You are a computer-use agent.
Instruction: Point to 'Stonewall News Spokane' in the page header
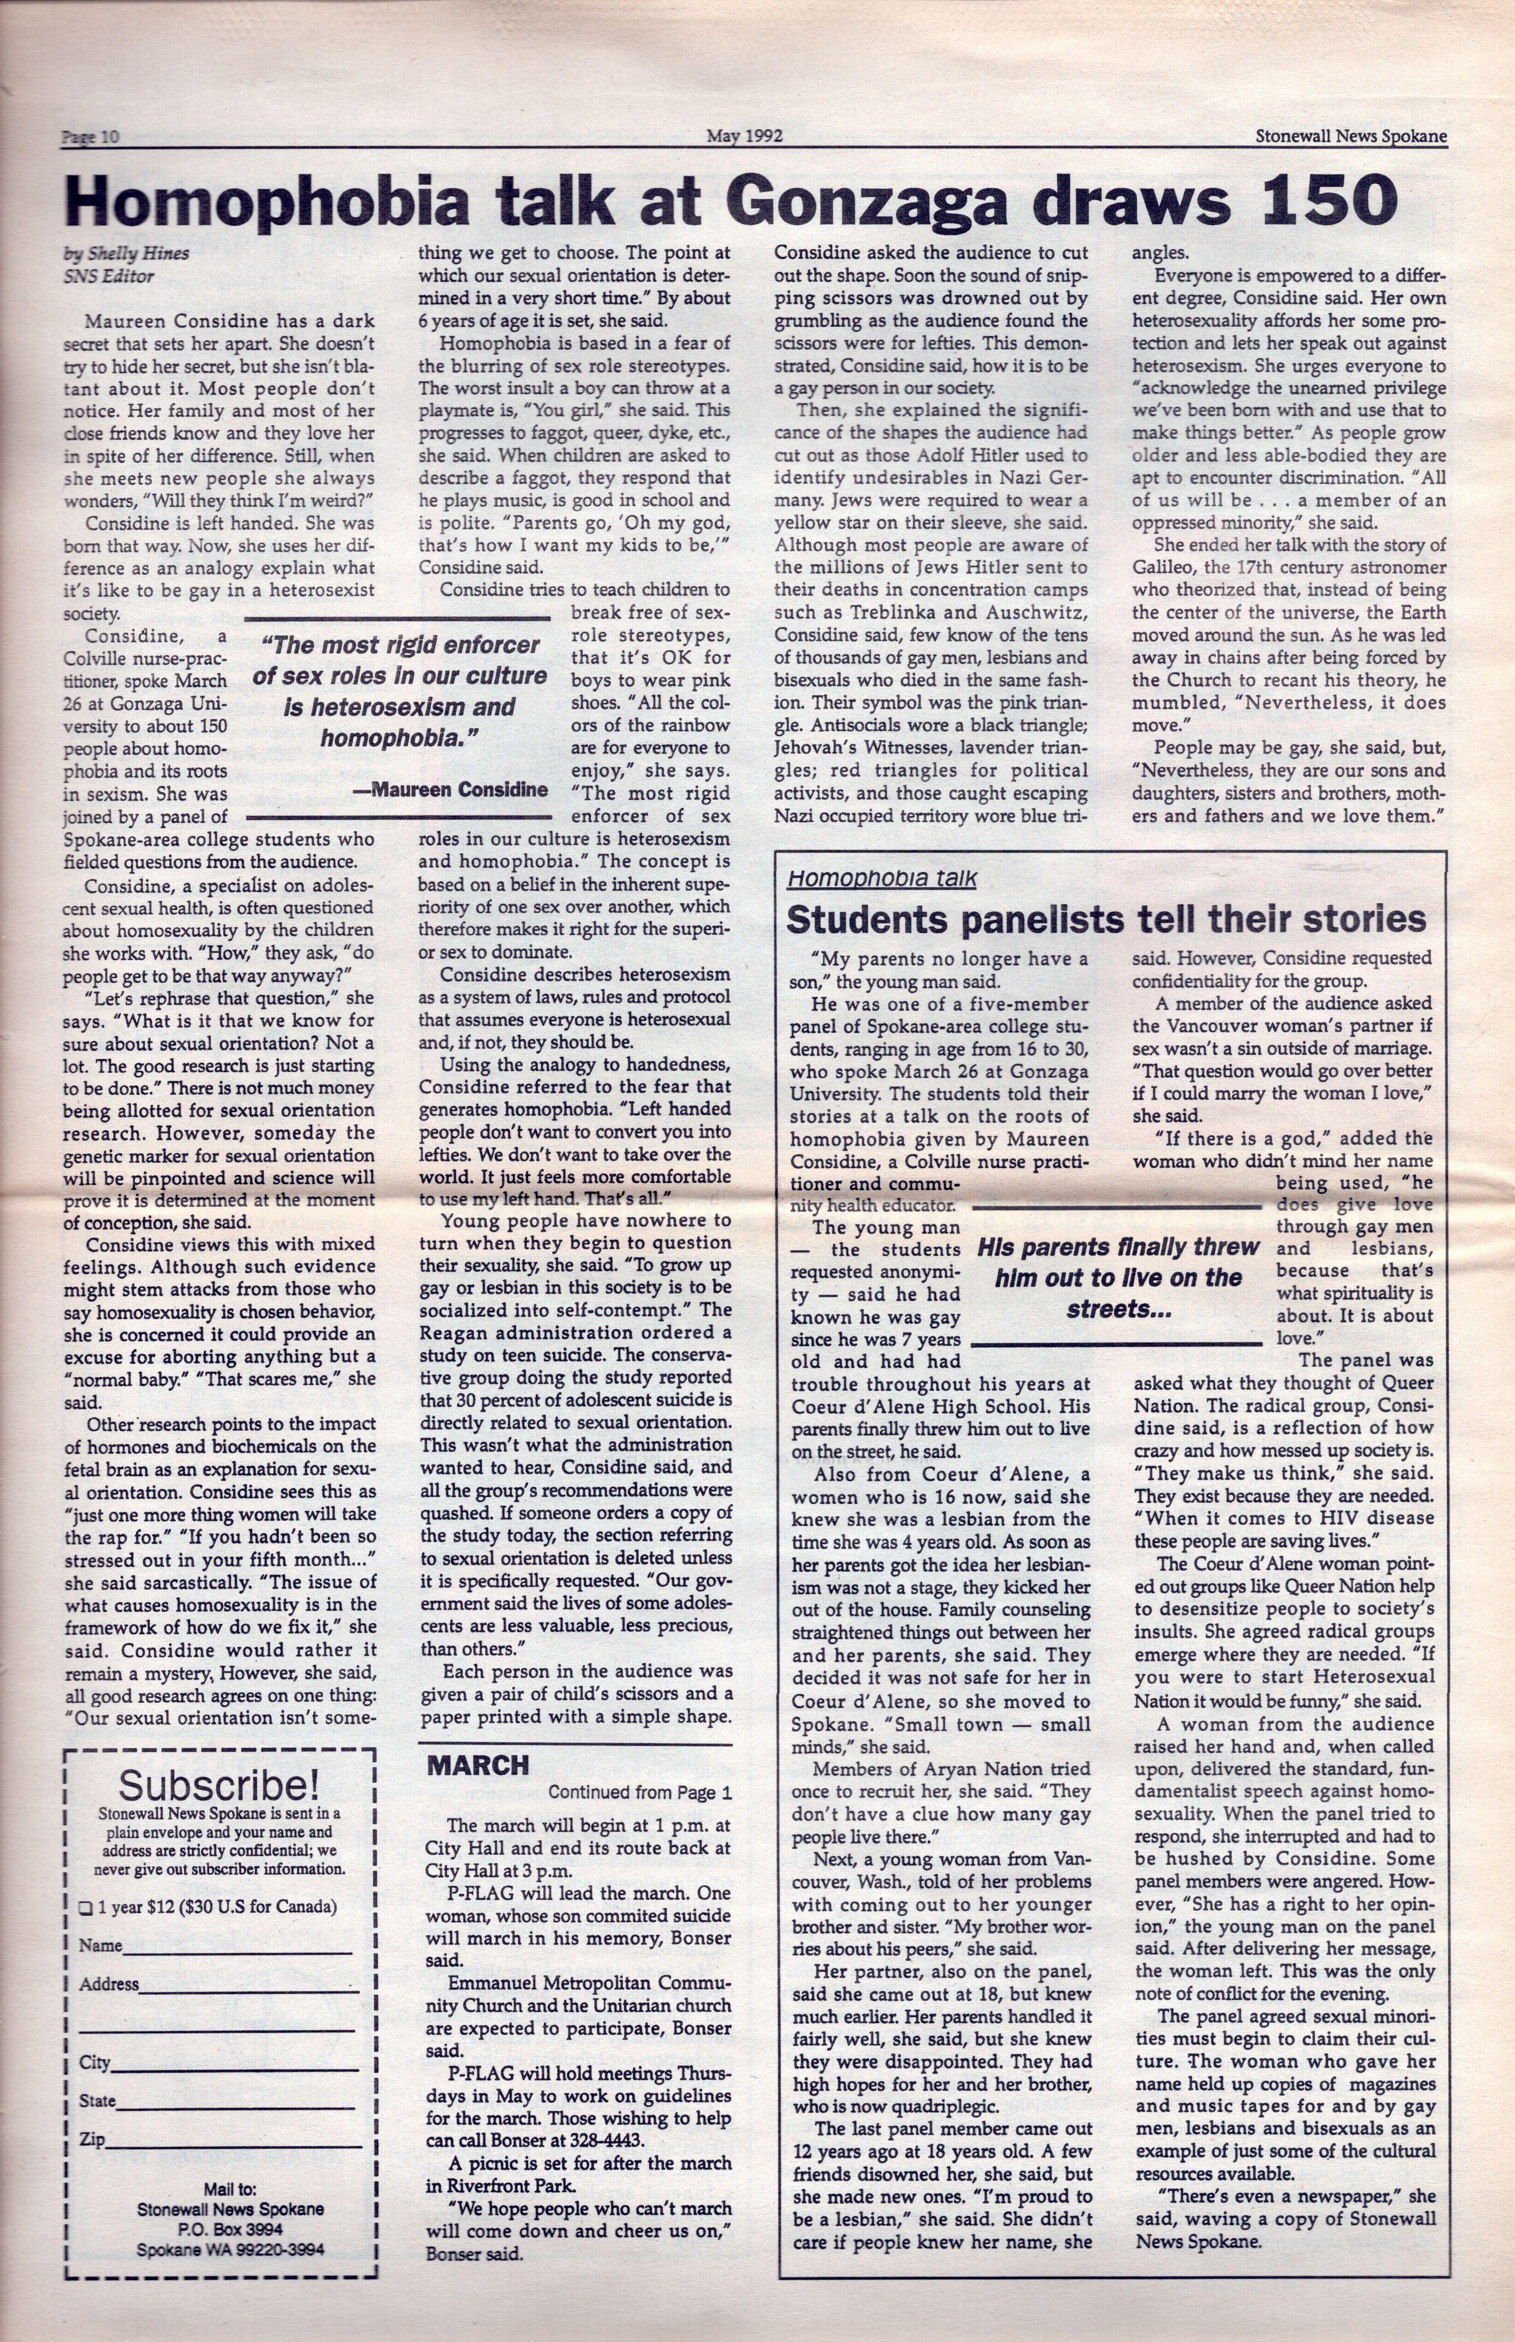point(1350,137)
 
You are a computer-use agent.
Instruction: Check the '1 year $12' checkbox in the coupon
point(84,1907)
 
